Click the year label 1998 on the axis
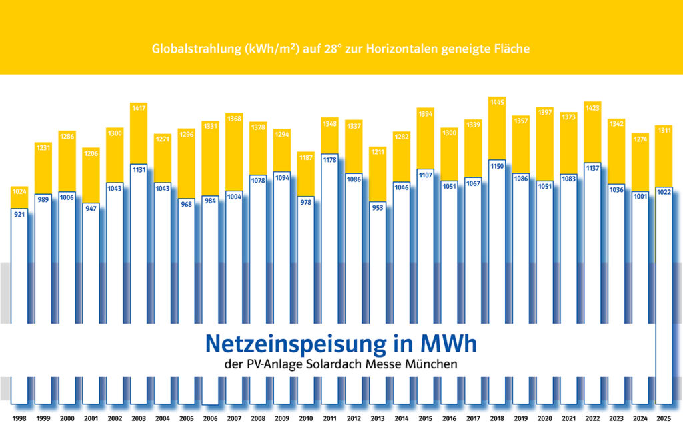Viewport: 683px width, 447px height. pos(20,418)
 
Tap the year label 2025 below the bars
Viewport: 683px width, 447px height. pos(664,418)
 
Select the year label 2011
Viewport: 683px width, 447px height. pos(330,418)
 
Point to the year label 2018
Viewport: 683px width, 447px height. pos(497,418)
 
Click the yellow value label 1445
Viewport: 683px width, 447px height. pos(497,102)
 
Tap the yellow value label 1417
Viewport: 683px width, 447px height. pos(139,108)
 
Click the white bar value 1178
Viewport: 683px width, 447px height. pos(330,159)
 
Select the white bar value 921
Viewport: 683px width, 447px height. pos(20,215)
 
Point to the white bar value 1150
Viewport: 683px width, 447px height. pos(497,165)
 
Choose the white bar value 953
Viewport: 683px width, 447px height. pos(378,207)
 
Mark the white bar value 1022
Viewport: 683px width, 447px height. pos(664,193)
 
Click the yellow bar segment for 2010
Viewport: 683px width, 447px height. pos(306,177)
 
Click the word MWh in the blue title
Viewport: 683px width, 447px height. pos(447,344)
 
